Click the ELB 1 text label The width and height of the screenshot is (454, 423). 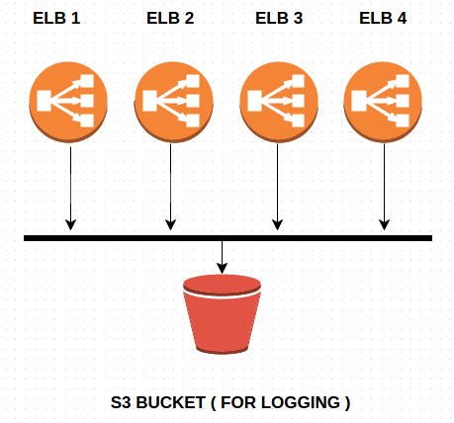click(x=56, y=18)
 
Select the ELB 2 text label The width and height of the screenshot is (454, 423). click(x=170, y=18)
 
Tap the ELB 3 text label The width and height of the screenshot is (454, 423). click(x=279, y=18)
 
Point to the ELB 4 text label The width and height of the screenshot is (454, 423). click(x=383, y=18)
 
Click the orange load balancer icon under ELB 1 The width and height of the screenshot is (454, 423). click(x=68, y=102)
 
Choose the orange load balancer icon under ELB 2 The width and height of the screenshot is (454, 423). click(x=174, y=102)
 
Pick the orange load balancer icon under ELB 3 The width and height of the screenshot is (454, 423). click(x=279, y=102)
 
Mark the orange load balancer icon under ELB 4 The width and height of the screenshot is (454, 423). click(x=383, y=102)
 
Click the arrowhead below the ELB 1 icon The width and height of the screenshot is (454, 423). click(x=70, y=225)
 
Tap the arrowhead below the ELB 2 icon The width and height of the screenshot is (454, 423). click(x=170, y=225)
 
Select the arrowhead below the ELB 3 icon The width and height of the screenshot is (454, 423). click(x=277, y=225)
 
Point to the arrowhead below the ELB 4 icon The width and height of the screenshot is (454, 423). click(x=384, y=225)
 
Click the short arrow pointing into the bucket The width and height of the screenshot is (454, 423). click(x=222, y=257)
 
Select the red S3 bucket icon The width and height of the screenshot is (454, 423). click(x=222, y=314)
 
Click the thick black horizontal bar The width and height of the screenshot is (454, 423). click(x=227, y=238)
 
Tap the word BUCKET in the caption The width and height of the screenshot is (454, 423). click(x=171, y=402)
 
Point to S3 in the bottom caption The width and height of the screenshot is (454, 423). click(x=121, y=402)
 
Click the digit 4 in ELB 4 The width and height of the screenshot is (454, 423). click(x=402, y=18)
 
